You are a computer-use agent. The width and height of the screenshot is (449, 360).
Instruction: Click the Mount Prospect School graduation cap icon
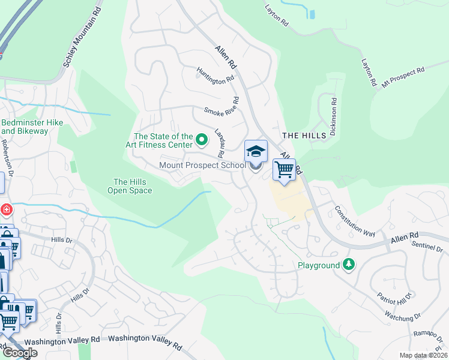[256, 151]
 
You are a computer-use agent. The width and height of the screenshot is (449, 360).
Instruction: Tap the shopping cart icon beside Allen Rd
[284, 169]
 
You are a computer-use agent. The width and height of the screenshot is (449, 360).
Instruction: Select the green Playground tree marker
[348, 265]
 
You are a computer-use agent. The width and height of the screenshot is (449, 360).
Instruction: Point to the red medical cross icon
[6, 209]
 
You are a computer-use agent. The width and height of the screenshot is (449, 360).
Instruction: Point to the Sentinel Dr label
[427, 244]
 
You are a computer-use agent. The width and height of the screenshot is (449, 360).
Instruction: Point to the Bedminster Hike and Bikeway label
[32, 127]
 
